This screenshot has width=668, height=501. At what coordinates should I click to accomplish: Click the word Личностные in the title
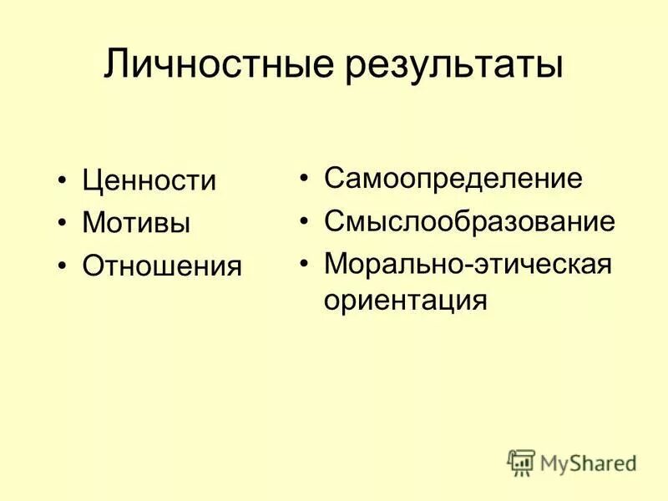[218, 64]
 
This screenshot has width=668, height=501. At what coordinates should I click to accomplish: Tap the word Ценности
[149, 181]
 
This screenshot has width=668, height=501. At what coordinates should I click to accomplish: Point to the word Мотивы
[136, 223]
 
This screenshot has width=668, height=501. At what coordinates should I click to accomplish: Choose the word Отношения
[162, 266]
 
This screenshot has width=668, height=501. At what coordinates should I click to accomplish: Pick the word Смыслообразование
[469, 222]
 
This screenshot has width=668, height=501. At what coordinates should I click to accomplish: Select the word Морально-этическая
[468, 264]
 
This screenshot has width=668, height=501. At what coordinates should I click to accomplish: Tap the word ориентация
[405, 301]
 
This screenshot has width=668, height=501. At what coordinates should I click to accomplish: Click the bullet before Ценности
[63, 181]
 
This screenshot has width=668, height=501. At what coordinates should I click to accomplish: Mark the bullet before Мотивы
[63, 223]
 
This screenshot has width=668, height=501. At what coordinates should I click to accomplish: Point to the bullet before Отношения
[63, 266]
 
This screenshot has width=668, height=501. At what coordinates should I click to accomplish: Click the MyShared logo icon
[521, 463]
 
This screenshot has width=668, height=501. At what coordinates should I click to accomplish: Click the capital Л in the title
[116, 64]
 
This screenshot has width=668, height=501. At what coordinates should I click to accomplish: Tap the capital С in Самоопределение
[333, 179]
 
